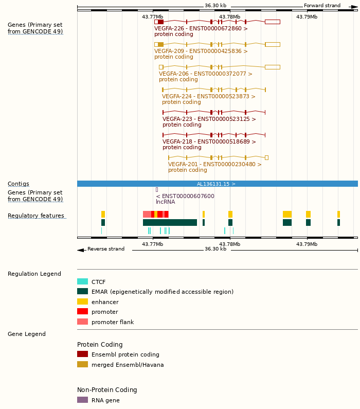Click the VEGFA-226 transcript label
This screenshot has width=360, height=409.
click(x=201, y=29)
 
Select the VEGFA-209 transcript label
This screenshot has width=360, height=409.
click(x=201, y=51)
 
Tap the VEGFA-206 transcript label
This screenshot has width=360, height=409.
click(x=205, y=74)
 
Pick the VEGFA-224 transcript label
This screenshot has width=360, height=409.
click(x=208, y=97)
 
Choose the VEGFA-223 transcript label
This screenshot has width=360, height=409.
click(x=209, y=119)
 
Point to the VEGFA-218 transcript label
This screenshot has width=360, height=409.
click(x=209, y=142)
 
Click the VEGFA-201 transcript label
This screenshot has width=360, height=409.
click(x=214, y=165)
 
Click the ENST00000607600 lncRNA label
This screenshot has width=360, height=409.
click(x=185, y=197)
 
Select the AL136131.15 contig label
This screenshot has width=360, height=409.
click(x=216, y=184)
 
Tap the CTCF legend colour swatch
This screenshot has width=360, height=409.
click(x=82, y=282)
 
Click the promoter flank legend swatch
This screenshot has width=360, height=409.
click(x=82, y=322)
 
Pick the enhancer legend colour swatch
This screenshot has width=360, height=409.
click(x=82, y=302)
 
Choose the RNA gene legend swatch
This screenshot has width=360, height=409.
click(x=82, y=400)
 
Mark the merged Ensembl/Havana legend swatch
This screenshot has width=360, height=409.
click(x=82, y=365)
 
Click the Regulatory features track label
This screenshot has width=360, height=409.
click(x=36, y=216)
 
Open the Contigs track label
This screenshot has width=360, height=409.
click(x=19, y=184)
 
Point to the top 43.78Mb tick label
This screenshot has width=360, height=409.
click(x=229, y=17)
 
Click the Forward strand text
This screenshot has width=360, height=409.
click(x=322, y=6)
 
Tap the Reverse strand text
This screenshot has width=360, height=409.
click(x=105, y=249)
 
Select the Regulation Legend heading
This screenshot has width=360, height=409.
click(x=34, y=274)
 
